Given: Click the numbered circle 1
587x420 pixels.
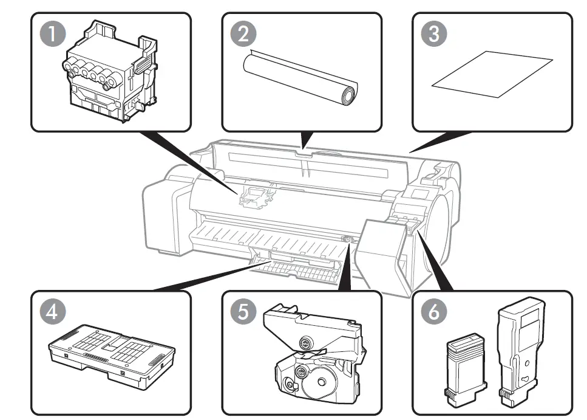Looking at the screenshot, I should (54, 34).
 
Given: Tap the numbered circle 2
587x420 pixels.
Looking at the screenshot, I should (243, 34).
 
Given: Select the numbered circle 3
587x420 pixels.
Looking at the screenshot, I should (434, 34).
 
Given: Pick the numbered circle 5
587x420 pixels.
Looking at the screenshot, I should (243, 312).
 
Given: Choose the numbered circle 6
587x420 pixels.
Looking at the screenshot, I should (434, 312).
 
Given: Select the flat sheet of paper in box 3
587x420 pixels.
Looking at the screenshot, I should (492, 75).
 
